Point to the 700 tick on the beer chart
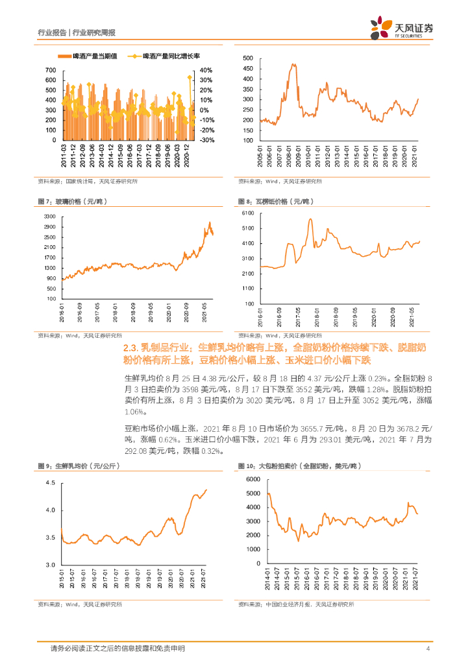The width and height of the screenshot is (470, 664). click(51, 70)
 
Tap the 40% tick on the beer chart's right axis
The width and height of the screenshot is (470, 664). click(206, 70)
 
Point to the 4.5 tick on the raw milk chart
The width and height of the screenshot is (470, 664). click(50, 483)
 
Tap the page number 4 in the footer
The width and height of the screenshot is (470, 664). click(428, 648)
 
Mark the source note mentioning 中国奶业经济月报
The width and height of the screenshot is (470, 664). click(296, 604)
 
